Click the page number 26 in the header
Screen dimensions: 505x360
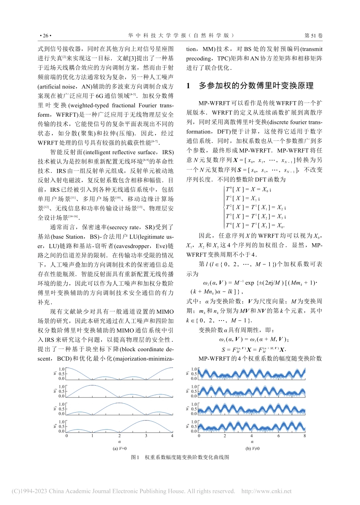pos(45,36)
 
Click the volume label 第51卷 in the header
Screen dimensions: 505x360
pos(313,36)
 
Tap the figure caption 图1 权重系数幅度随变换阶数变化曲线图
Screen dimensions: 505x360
pos(180,457)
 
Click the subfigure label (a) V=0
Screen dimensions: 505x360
pos(119,449)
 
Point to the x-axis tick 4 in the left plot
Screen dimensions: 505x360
pos(172,436)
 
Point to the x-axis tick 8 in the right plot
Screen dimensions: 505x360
pos(305,436)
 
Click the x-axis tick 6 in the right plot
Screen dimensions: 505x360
pos(278,436)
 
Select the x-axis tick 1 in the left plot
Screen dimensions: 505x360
pos(92,436)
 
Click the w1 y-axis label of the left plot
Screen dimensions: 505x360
pos(55,374)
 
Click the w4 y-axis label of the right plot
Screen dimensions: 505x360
pos(188,427)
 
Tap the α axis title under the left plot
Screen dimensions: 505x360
pos(119,442)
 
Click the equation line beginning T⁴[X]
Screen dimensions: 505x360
pos(255,225)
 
